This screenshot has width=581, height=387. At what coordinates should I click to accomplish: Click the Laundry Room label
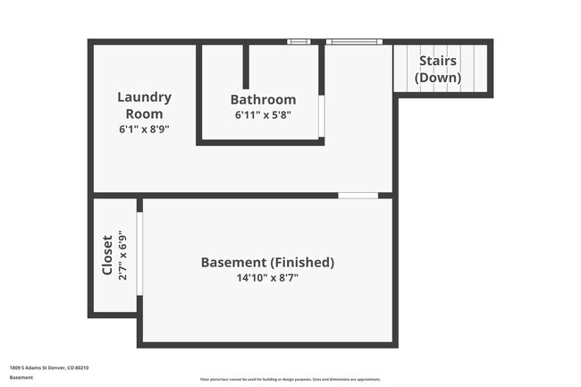tap(145, 105)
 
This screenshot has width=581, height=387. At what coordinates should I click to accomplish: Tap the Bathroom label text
tap(263, 99)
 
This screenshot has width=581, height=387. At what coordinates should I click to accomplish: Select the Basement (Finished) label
tap(267, 263)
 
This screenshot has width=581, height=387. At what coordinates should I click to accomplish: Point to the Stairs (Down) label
tap(438, 69)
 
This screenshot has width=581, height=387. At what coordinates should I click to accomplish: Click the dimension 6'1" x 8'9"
tap(144, 129)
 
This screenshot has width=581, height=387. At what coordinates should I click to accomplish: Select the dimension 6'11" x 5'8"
tap(263, 114)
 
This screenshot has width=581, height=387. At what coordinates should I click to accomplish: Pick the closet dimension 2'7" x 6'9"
tap(122, 256)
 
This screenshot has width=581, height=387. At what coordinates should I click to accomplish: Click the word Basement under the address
tap(21, 377)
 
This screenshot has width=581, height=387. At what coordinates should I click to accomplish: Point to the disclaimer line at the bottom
tap(290, 379)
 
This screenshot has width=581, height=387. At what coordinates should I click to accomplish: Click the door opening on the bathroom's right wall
tap(322, 115)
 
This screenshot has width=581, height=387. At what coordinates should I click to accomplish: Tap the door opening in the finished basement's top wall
tap(358, 195)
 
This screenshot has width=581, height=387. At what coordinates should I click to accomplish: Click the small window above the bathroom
tap(299, 41)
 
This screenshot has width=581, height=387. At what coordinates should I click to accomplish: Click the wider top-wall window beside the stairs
tap(354, 41)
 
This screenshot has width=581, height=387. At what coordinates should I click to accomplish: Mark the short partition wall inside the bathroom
tap(246, 65)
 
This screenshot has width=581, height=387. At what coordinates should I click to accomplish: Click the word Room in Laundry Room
tap(144, 114)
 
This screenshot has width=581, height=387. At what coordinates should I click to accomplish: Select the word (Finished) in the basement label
tap(302, 263)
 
